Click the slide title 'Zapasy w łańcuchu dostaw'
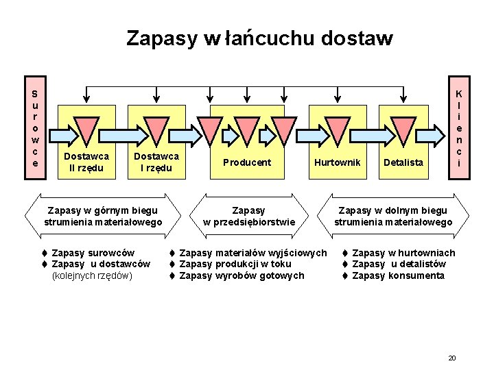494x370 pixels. click(259, 38)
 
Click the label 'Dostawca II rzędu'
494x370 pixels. click(86, 162)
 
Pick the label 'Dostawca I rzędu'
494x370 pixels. click(156, 162)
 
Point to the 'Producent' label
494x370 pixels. click(247, 162)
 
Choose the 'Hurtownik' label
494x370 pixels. click(337, 162)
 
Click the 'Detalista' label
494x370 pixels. click(404, 162)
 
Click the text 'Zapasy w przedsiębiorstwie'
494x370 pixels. click(248, 216)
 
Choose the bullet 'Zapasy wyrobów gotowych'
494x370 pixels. click(241, 275)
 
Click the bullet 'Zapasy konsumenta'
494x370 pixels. click(398, 275)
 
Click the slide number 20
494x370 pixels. click(451, 358)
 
